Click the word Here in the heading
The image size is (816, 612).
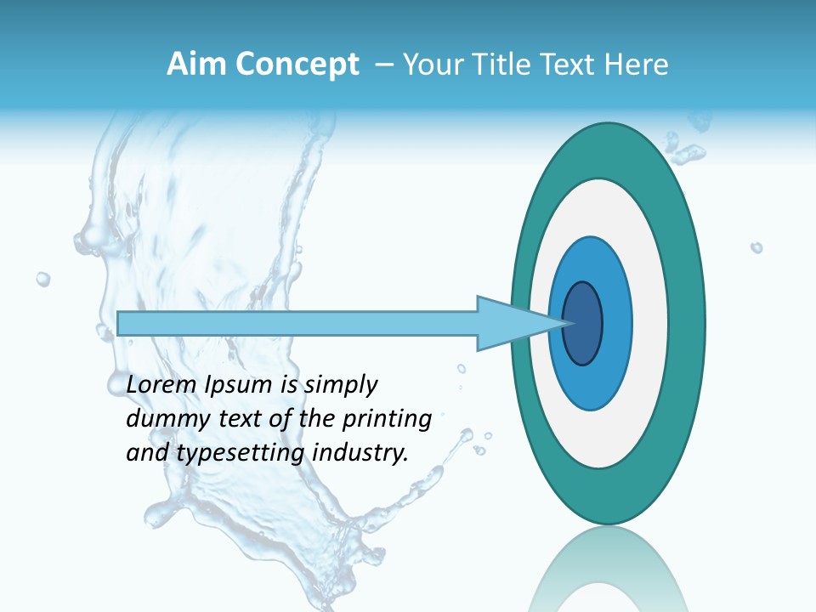click(x=637, y=65)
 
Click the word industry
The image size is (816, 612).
click(x=360, y=453)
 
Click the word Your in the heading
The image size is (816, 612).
click(x=433, y=65)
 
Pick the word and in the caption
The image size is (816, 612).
click(x=148, y=453)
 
